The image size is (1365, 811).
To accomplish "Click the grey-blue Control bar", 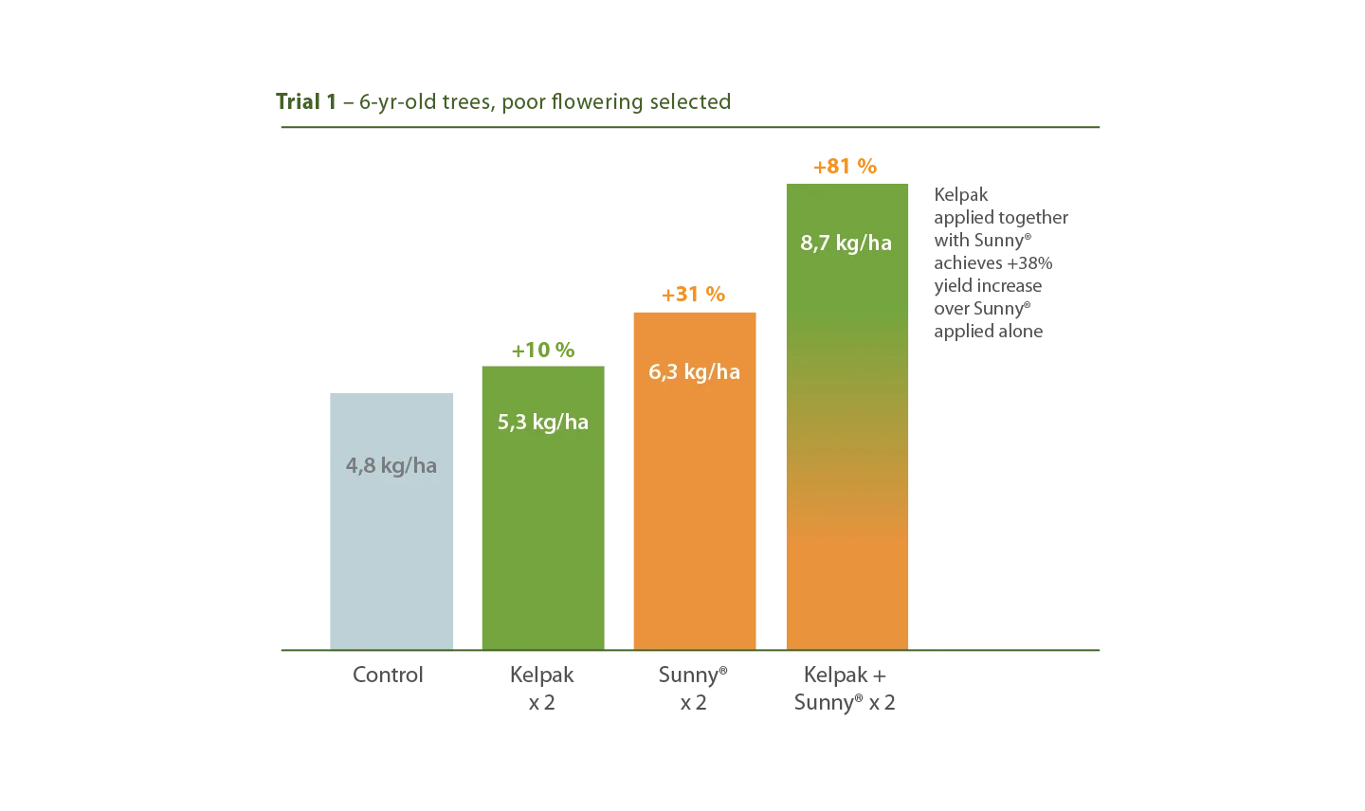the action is point(391,521).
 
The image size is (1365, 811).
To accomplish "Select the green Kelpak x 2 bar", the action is point(543,508).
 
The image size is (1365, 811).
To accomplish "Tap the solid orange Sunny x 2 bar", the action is point(695,481).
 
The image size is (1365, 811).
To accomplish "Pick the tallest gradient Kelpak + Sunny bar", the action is point(847,417).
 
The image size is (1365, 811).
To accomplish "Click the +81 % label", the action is point(846,166).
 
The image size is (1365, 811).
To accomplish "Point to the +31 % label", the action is point(694,295).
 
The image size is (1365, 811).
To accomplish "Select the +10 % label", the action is point(543,351).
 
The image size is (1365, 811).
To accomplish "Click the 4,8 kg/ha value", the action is point(391,466).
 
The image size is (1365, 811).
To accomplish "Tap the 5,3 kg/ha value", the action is point(543,422).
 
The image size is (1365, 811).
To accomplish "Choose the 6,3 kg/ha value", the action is point(694,371).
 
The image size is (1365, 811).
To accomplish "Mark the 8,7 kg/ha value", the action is point(846,243).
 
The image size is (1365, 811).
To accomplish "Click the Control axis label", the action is point(388,675).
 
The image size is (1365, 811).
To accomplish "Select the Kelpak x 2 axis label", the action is point(542,689).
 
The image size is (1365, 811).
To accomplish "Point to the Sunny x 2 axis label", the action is point(693,689).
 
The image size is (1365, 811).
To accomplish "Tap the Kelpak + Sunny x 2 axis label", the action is point(845,689).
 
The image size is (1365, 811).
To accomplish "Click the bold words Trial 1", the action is point(306,101).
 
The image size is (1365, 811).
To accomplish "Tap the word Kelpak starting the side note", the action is point(961,195).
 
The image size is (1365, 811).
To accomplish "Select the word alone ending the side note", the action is point(1023,332).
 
